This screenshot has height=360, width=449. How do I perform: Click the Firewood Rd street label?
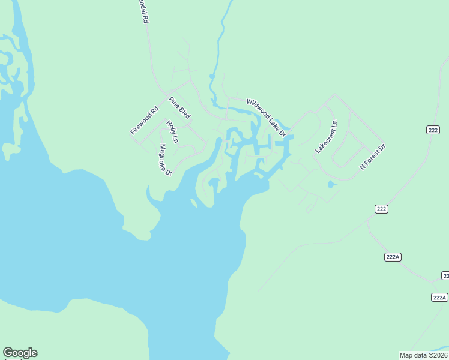point(144,120)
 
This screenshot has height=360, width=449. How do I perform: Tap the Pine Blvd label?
point(179,108)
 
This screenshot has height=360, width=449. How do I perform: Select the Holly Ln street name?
point(172,132)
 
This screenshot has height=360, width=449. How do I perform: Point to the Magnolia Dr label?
point(165,160)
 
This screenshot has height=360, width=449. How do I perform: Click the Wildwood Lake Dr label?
point(266,118)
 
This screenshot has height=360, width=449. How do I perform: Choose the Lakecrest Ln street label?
point(327,137)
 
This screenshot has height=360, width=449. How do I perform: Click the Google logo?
point(20,353)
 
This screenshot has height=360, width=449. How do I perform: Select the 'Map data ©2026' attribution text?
point(424,355)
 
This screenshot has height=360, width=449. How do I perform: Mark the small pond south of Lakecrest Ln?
point(331,184)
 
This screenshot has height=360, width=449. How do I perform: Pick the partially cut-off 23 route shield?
point(445,275)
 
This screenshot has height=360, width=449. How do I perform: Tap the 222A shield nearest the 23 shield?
point(439,298)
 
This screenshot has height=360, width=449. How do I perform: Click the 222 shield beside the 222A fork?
point(381,209)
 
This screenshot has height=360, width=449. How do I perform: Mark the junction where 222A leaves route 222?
point(368,221)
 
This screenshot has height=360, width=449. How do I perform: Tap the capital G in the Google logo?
point(8,353)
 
